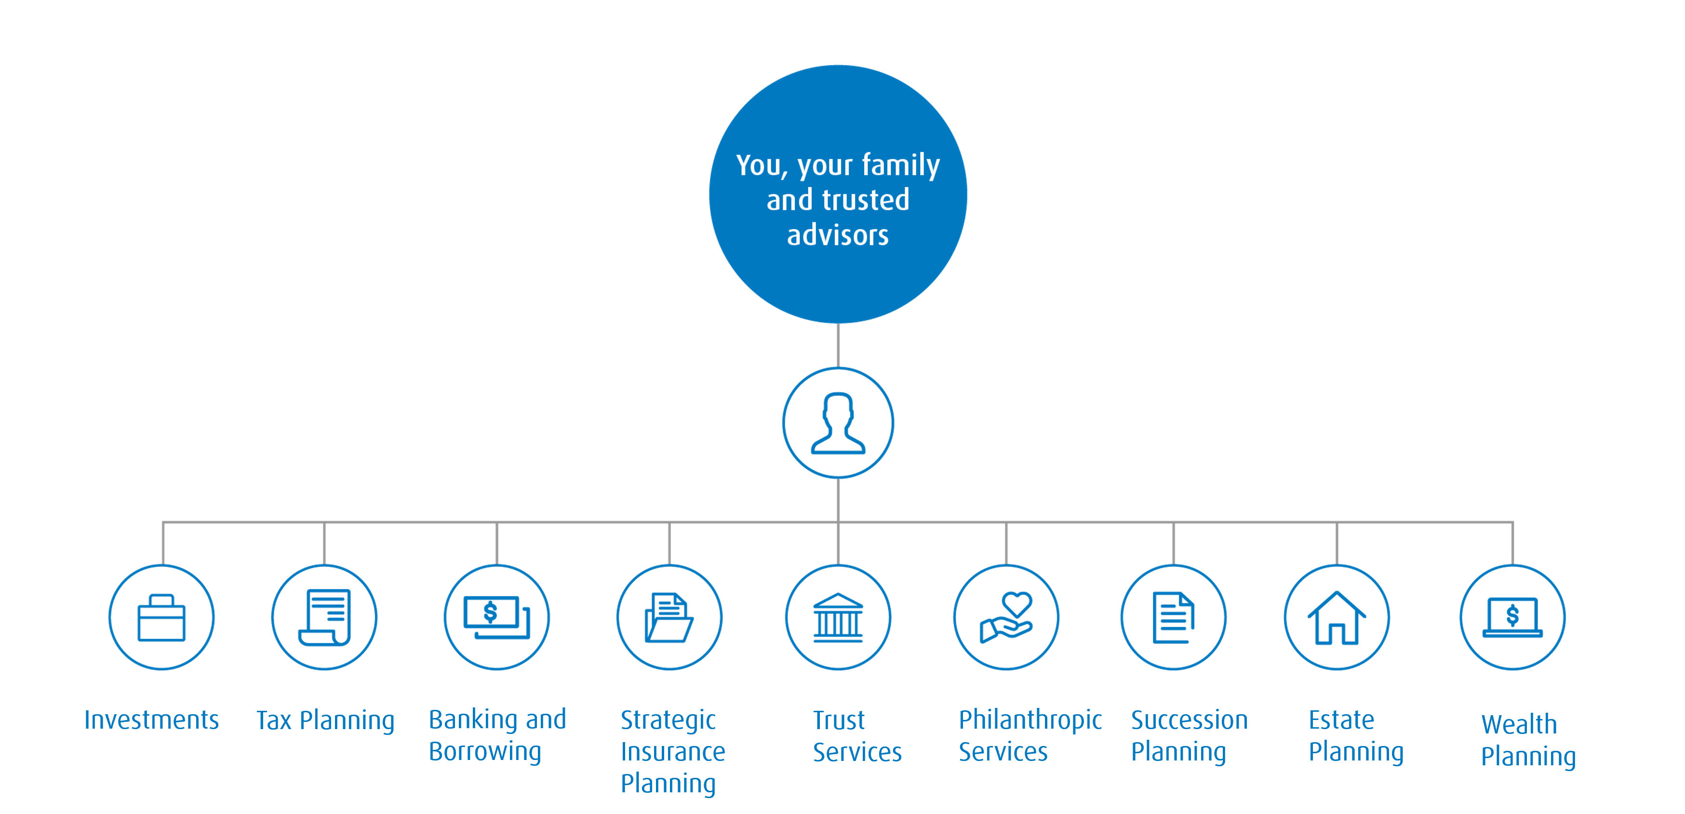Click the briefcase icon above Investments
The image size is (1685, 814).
[x=161, y=618]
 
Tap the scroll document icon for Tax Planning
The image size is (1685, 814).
[x=324, y=618]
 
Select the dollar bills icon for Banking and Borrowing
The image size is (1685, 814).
[x=496, y=618]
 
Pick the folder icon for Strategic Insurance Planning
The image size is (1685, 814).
[x=669, y=618]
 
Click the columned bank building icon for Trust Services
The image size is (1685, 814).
[x=838, y=618]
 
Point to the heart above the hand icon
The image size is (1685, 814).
[x=1016, y=603]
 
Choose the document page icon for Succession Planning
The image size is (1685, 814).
[x=1174, y=618]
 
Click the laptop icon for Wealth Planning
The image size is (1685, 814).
[x=1512, y=618]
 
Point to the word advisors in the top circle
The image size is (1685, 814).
[x=838, y=235]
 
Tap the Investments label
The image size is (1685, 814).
[x=152, y=720]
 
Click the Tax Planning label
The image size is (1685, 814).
[x=325, y=720]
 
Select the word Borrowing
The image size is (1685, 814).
[x=485, y=752]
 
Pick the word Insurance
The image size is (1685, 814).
[x=672, y=752]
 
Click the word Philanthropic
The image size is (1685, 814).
[x=1030, y=720]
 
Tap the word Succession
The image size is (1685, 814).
[x=1189, y=720]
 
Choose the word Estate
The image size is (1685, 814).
[x=1341, y=720]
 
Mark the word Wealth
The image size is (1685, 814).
[x=1519, y=724]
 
